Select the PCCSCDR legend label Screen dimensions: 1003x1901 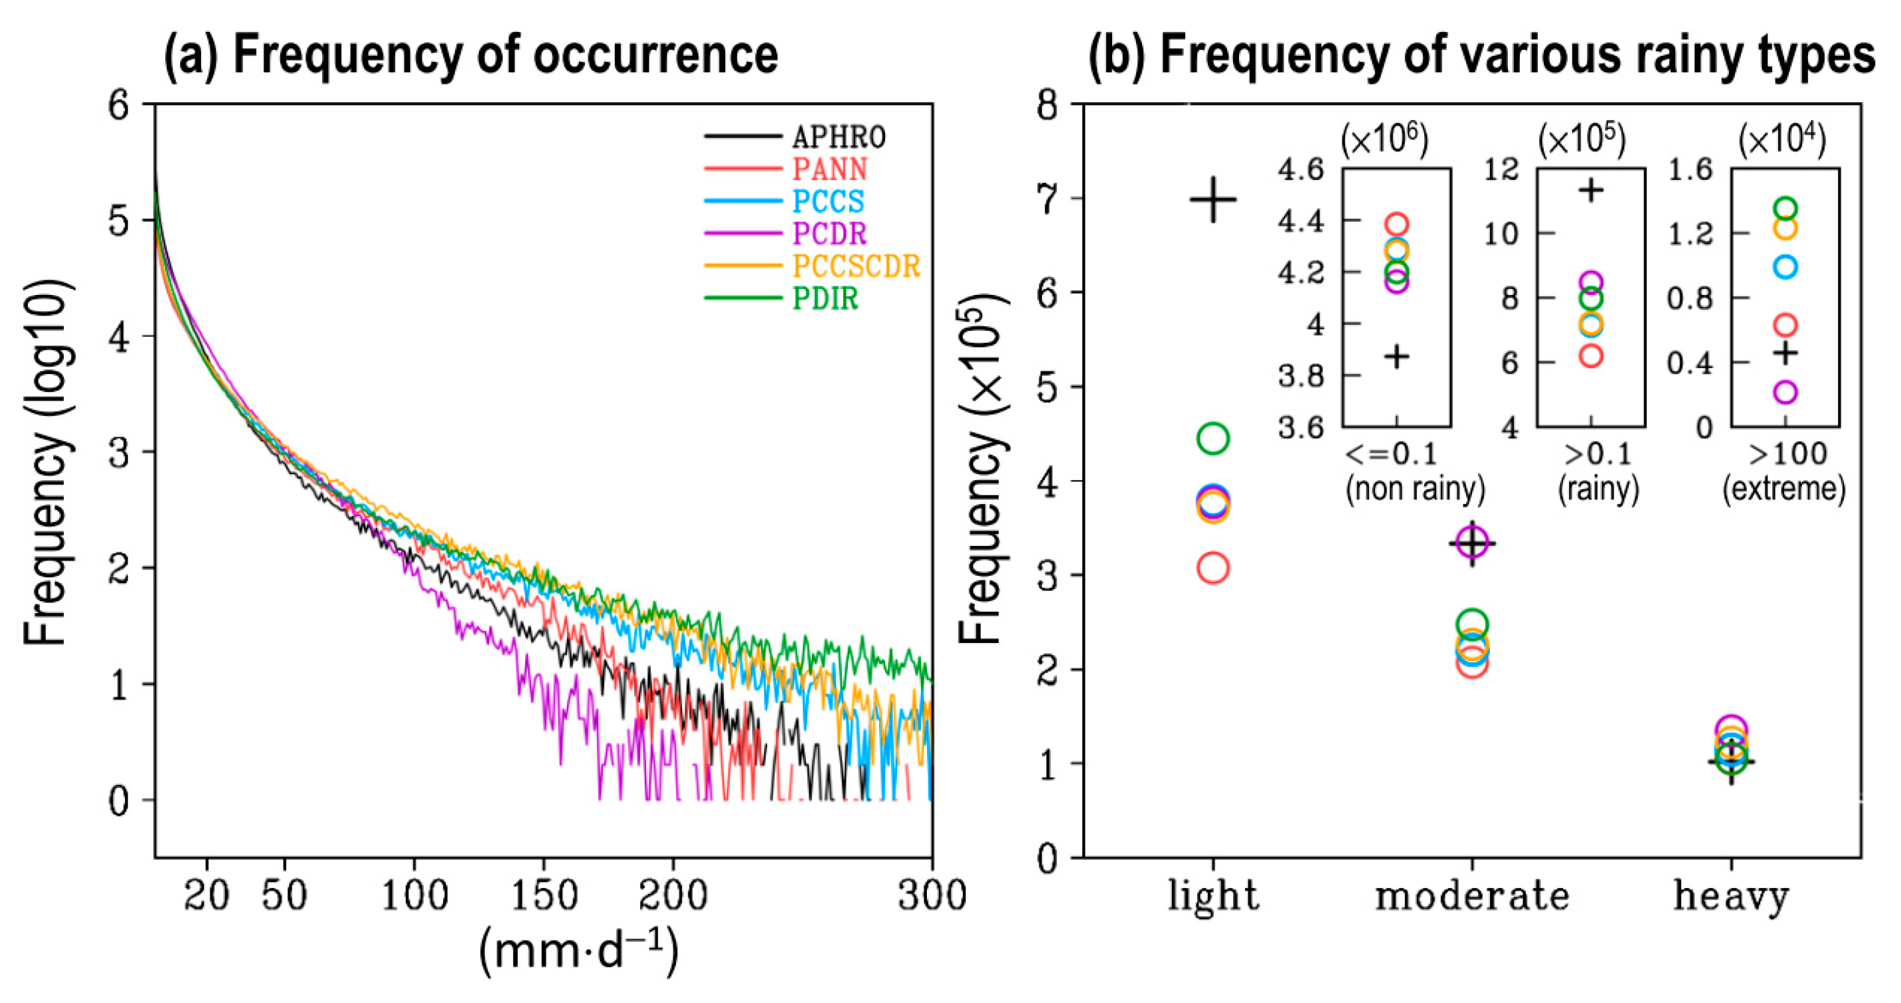click(x=856, y=266)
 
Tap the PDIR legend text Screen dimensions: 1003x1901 click(x=825, y=299)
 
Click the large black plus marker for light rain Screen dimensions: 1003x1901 click(x=1213, y=199)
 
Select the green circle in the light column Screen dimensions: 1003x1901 click(x=1213, y=438)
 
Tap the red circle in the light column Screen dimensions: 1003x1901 click(x=1213, y=569)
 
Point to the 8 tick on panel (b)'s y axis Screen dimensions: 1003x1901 click(x=1048, y=105)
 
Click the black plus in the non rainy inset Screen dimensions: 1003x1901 click(x=1396, y=357)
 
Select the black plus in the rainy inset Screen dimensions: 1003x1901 click(x=1591, y=191)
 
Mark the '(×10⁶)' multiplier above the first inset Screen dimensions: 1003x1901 click(x=1385, y=139)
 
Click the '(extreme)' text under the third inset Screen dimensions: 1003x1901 click(x=1783, y=489)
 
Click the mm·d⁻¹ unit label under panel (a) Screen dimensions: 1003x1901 click(x=579, y=951)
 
